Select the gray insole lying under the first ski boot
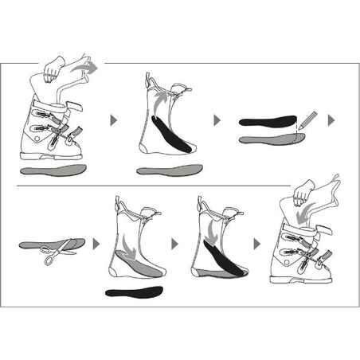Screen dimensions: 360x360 click(x=51, y=170)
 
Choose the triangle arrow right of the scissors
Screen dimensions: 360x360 click(x=96, y=241)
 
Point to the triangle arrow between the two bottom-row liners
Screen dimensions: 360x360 click(x=175, y=241)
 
